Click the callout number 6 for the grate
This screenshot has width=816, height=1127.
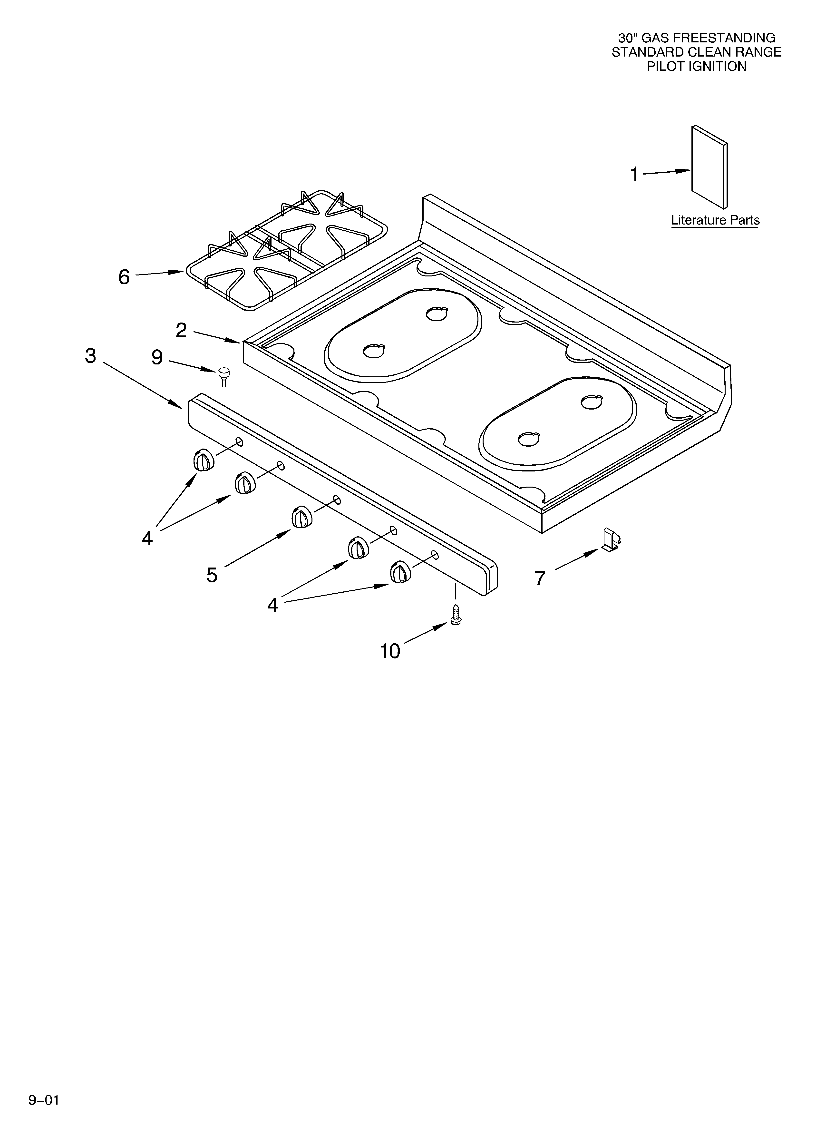coord(124,277)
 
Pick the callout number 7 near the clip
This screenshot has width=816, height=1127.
coord(540,578)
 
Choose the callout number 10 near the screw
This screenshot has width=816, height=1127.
coord(390,650)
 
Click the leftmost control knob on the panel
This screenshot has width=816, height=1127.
coord(203,460)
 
